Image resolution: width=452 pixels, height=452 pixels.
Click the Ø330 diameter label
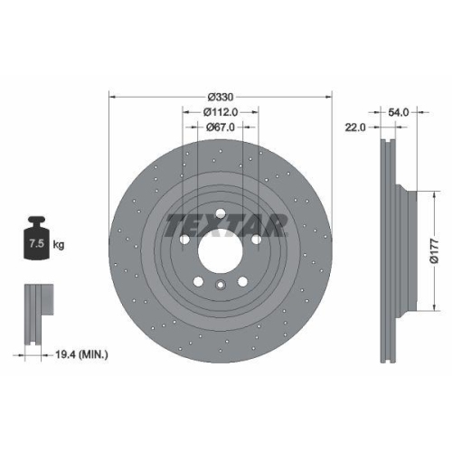coord(221,97)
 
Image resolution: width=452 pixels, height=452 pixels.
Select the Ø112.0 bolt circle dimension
coord(221,113)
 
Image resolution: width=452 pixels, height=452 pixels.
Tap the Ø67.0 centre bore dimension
coord(221,127)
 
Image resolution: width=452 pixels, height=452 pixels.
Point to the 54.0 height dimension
coord(399,112)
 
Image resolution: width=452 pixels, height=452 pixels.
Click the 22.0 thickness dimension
coord(354,127)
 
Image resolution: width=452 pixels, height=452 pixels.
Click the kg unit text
coord(59,244)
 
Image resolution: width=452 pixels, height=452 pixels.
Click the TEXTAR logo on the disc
coord(221,222)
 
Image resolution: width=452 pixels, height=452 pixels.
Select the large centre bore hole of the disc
coord(221,250)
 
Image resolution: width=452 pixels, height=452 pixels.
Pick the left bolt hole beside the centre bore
coord(185,240)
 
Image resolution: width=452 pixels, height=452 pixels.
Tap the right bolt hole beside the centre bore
coord(258,240)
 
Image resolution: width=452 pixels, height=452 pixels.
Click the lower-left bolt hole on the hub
coord(199,281)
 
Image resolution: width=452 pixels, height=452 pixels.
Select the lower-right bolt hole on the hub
coord(244,281)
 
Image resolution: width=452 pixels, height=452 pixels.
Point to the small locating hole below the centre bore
coord(221,285)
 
